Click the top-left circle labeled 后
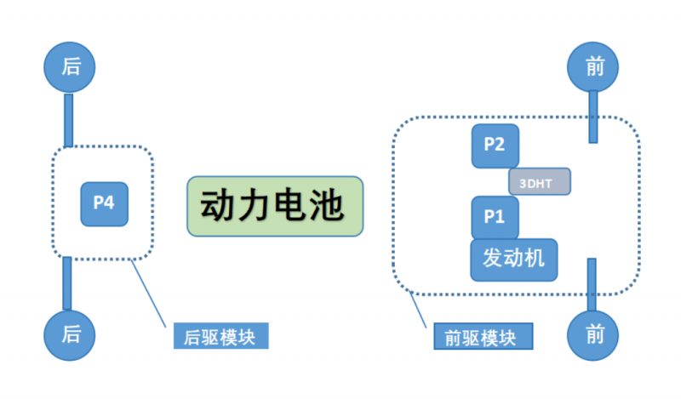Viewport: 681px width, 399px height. click(x=71, y=67)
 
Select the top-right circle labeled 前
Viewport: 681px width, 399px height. click(x=595, y=67)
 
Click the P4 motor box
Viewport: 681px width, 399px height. click(x=104, y=203)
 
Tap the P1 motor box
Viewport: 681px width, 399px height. click(x=495, y=217)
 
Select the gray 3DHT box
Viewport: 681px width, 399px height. click(x=539, y=181)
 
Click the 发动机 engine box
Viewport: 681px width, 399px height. click(x=514, y=259)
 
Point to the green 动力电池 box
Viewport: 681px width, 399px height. click(x=275, y=206)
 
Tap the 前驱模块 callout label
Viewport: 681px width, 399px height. click(x=481, y=337)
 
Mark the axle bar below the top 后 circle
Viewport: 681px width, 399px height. click(x=69, y=119)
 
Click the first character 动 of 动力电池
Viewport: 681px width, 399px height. click(x=220, y=206)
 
